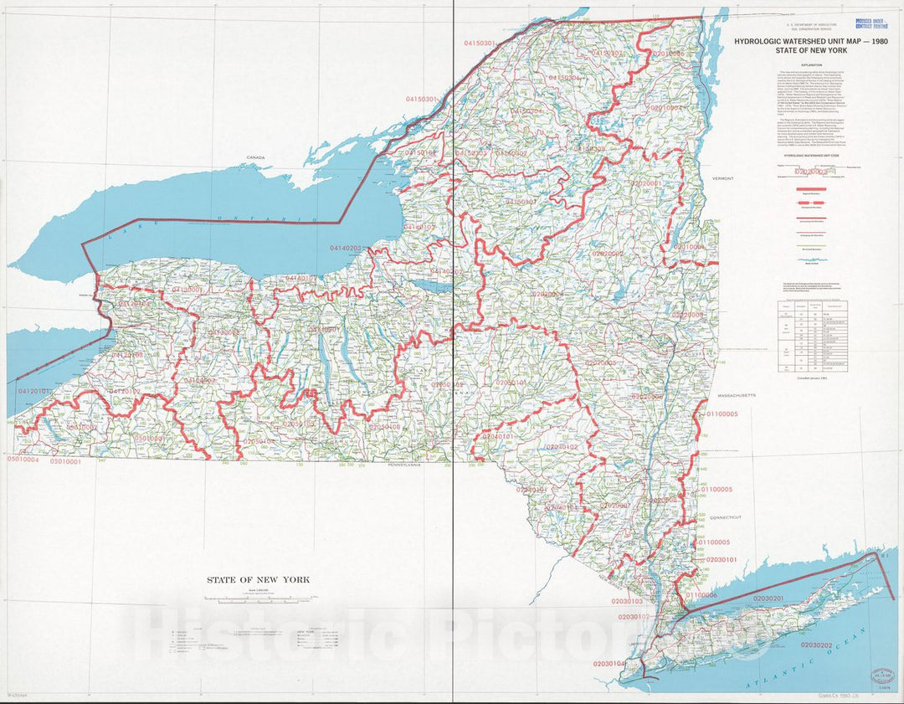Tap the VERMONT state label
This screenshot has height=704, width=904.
[x=722, y=178]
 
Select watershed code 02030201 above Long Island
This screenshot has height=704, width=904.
[x=768, y=599]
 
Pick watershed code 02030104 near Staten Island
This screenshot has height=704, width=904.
[x=609, y=663]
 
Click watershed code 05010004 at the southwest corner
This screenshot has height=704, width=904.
[x=23, y=460]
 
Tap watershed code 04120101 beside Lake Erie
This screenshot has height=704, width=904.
[x=35, y=391]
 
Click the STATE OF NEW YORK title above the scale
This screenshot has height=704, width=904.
[x=259, y=579]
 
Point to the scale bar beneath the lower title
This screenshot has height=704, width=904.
[x=259, y=599]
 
